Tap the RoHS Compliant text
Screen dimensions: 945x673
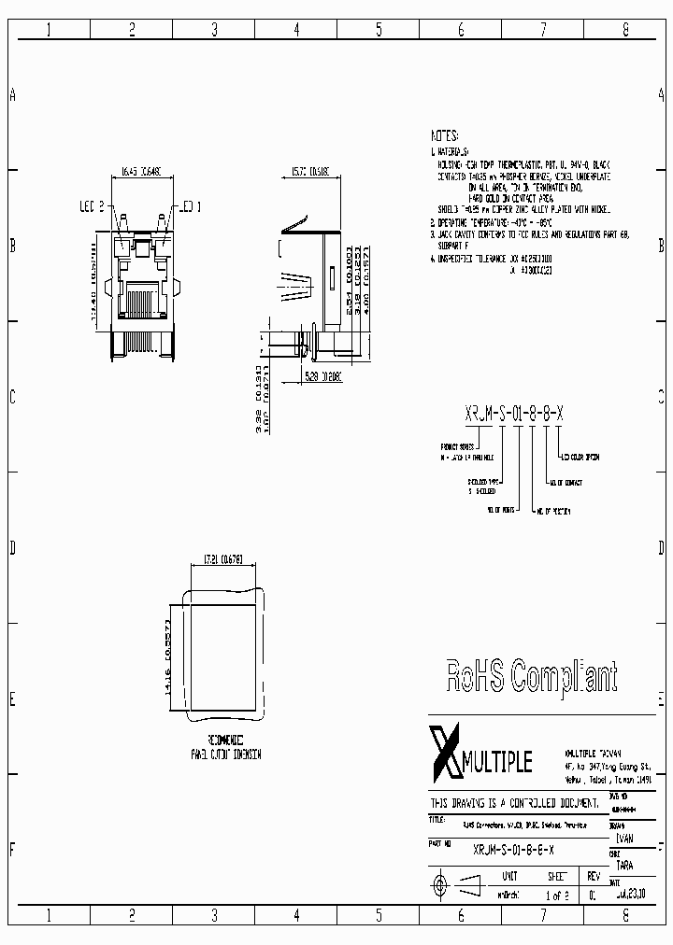coord(531,674)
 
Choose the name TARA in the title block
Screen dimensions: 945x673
coord(623,865)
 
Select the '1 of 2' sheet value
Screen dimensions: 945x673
coord(556,895)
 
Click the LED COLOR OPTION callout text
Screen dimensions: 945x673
coord(580,457)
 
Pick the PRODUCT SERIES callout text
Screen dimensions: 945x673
coord(457,446)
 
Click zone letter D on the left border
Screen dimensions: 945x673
coord(12,548)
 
